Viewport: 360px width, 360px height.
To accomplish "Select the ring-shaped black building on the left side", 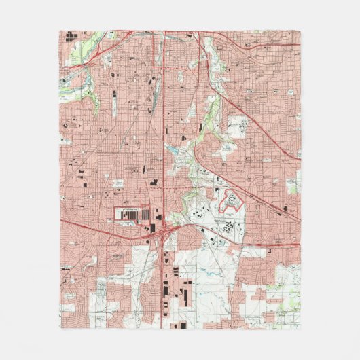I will point(65,124).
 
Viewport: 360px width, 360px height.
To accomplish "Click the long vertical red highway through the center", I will point(164,136).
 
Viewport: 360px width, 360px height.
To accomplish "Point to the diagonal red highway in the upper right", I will point(265,122).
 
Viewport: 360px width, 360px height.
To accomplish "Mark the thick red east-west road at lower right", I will point(272,245).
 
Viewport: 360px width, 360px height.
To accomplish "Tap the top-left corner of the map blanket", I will point(59,29).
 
